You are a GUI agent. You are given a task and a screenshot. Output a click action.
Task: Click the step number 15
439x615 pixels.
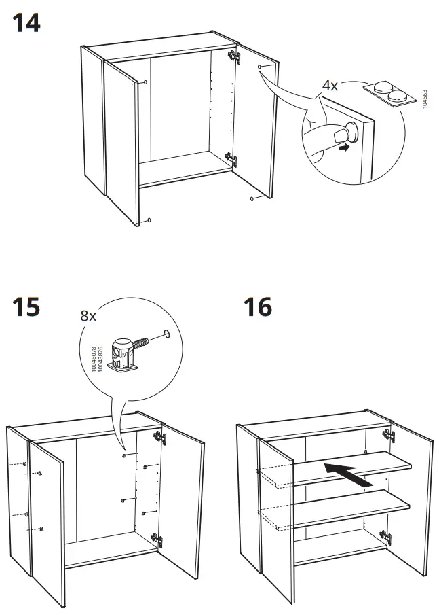pyautogui.click(x=26, y=307)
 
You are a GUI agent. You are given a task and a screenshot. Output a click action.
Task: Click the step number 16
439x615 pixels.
pyautogui.click(x=258, y=307)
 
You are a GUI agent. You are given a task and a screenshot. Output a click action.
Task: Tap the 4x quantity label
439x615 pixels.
pyautogui.click(x=330, y=86)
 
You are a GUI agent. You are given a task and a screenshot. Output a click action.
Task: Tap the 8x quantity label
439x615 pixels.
pyautogui.click(x=88, y=315)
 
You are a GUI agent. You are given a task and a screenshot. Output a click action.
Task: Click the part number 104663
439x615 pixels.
pyautogui.click(x=425, y=99)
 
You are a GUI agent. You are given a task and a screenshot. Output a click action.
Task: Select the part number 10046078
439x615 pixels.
pyautogui.click(x=94, y=358)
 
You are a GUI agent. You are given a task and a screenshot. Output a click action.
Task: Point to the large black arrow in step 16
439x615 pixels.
pyautogui.click(x=347, y=472)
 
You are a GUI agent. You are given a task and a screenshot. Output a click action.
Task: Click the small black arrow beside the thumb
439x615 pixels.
pyautogui.click(x=346, y=146)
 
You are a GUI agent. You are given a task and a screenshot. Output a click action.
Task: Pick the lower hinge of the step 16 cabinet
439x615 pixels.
pyautogui.click(x=387, y=538)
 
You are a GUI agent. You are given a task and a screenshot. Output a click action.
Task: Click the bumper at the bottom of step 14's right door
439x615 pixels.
pyautogui.click(x=252, y=198)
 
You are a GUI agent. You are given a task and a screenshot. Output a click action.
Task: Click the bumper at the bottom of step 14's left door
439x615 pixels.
pyautogui.click(x=148, y=221)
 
